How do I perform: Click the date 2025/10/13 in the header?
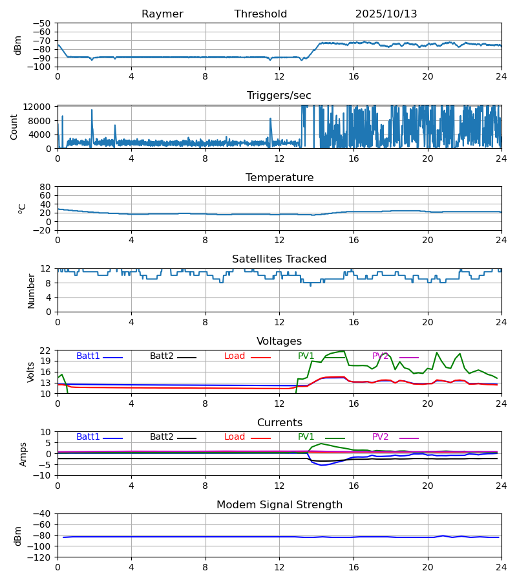[x=386, y=14]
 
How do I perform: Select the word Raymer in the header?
[x=162, y=14]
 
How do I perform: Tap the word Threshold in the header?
[x=260, y=14]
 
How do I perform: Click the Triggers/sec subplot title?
[x=279, y=96]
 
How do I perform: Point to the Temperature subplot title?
[x=279, y=178]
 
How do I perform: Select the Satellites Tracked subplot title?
[x=279, y=259]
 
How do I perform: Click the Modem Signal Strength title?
[x=279, y=505]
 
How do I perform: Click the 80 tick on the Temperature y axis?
[x=46, y=187]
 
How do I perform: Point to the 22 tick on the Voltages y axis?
[x=46, y=350]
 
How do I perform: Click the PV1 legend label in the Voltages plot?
[x=306, y=356]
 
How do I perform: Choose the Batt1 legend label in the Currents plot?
[x=88, y=437]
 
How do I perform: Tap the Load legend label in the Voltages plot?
[x=235, y=356]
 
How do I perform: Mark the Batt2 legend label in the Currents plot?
[x=162, y=437]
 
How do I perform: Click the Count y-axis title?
[x=14, y=127]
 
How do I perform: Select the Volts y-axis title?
[x=31, y=372]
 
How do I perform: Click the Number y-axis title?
[x=31, y=290]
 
